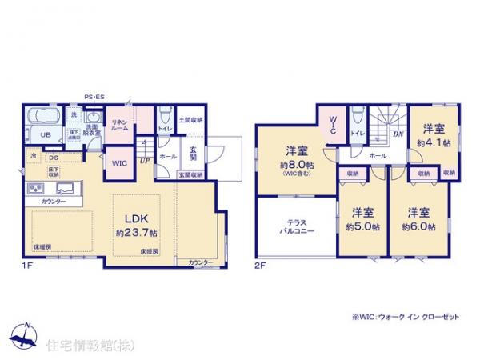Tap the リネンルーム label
[x=120, y=126]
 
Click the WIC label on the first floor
[x=119, y=163]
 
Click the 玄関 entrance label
[x=193, y=153]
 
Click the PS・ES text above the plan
[x=94, y=97]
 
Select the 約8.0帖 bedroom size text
[x=294, y=166]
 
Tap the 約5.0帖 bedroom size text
[x=362, y=226]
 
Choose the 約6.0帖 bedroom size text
[x=419, y=226]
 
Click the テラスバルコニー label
[x=295, y=226]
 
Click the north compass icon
[x=26, y=334]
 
